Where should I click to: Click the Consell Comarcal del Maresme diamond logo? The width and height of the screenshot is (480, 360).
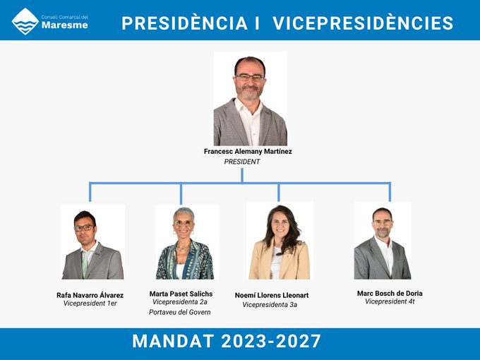click(x=25, y=21)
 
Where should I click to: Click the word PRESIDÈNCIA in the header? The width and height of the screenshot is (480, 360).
click(x=185, y=23)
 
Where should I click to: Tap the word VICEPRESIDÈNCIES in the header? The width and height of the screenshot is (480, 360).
click(x=363, y=23)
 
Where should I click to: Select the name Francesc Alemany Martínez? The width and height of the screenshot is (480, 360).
click(x=248, y=151)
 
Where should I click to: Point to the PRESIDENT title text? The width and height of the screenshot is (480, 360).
click(x=242, y=162)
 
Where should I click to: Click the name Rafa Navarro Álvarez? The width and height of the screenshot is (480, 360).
click(x=90, y=295)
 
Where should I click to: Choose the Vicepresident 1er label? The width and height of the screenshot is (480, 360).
click(x=90, y=304)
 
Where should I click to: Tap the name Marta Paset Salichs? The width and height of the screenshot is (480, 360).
click(x=181, y=294)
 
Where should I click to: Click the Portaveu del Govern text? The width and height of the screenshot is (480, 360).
click(x=180, y=312)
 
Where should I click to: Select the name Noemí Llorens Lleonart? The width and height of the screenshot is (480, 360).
click(x=272, y=295)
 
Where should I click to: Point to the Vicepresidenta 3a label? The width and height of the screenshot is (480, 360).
click(x=270, y=305)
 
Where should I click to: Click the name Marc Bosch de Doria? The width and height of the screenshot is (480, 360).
click(x=390, y=293)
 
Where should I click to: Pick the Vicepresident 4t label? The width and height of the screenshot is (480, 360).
click(x=390, y=301)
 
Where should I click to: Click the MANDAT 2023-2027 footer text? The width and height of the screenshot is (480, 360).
click(x=227, y=341)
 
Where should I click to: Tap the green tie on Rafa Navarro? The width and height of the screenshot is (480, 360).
click(x=85, y=263)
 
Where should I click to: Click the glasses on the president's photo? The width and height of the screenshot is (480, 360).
click(x=250, y=78)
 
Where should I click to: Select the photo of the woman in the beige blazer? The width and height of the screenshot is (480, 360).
click(x=280, y=240)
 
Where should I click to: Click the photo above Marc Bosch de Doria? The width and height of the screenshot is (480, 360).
click(x=383, y=240)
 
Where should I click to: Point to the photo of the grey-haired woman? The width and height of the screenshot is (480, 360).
click(x=187, y=242)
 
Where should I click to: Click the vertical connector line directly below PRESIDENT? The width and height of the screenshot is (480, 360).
click(x=242, y=175)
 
